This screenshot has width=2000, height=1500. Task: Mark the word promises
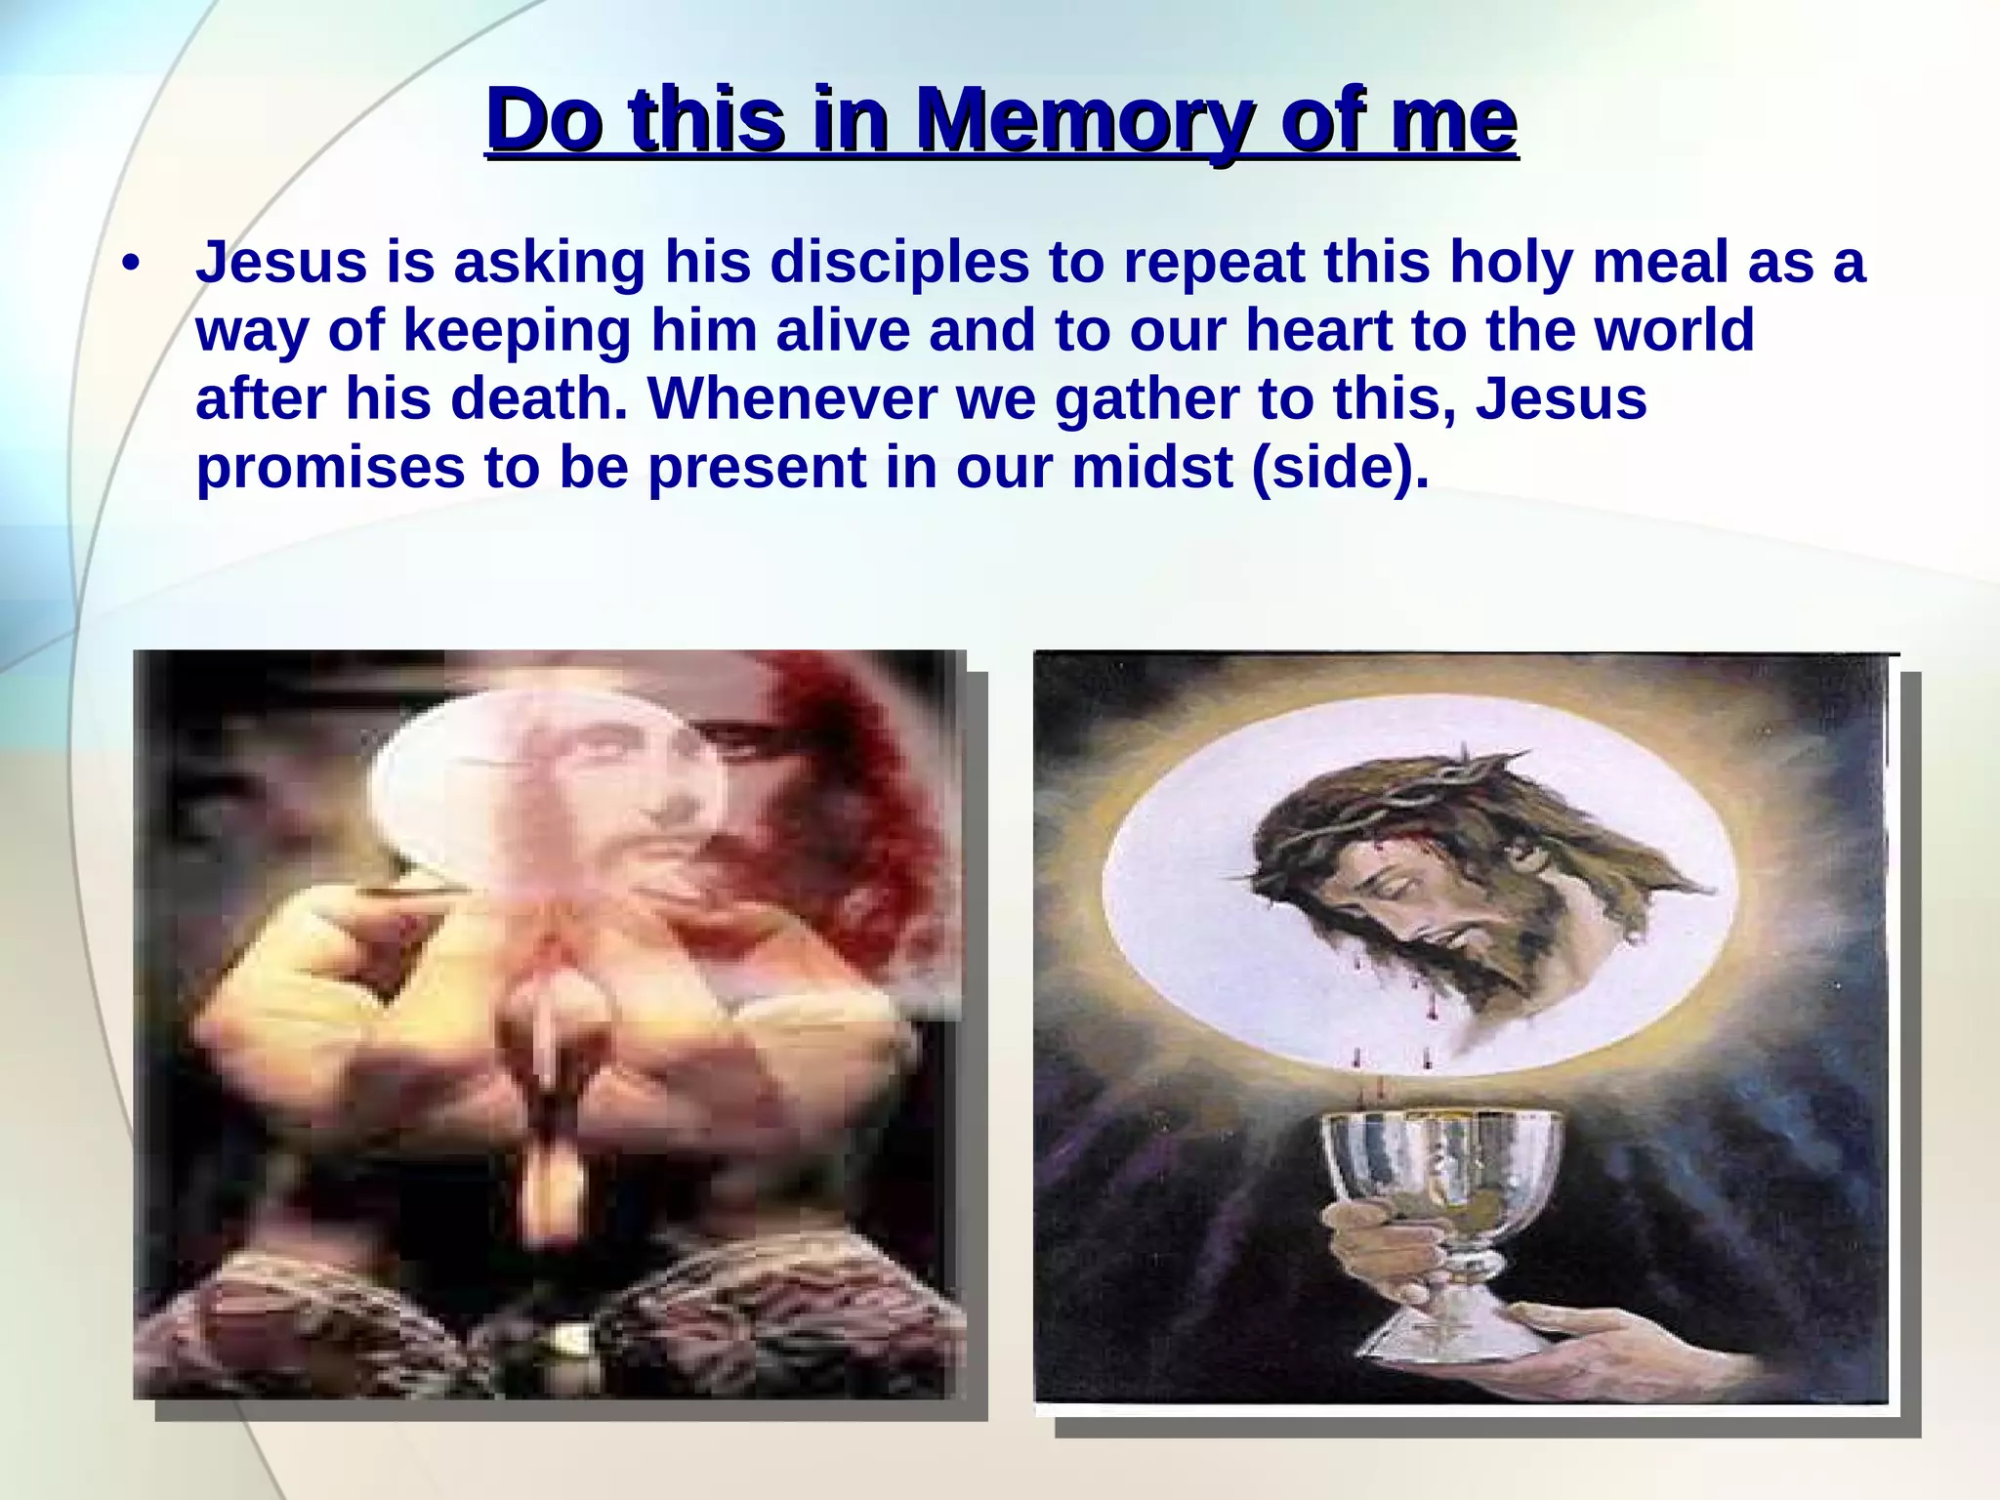pyautogui.click(x=330, y=469)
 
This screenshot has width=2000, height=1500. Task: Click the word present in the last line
pyautogui.click(x=757, y=469)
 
